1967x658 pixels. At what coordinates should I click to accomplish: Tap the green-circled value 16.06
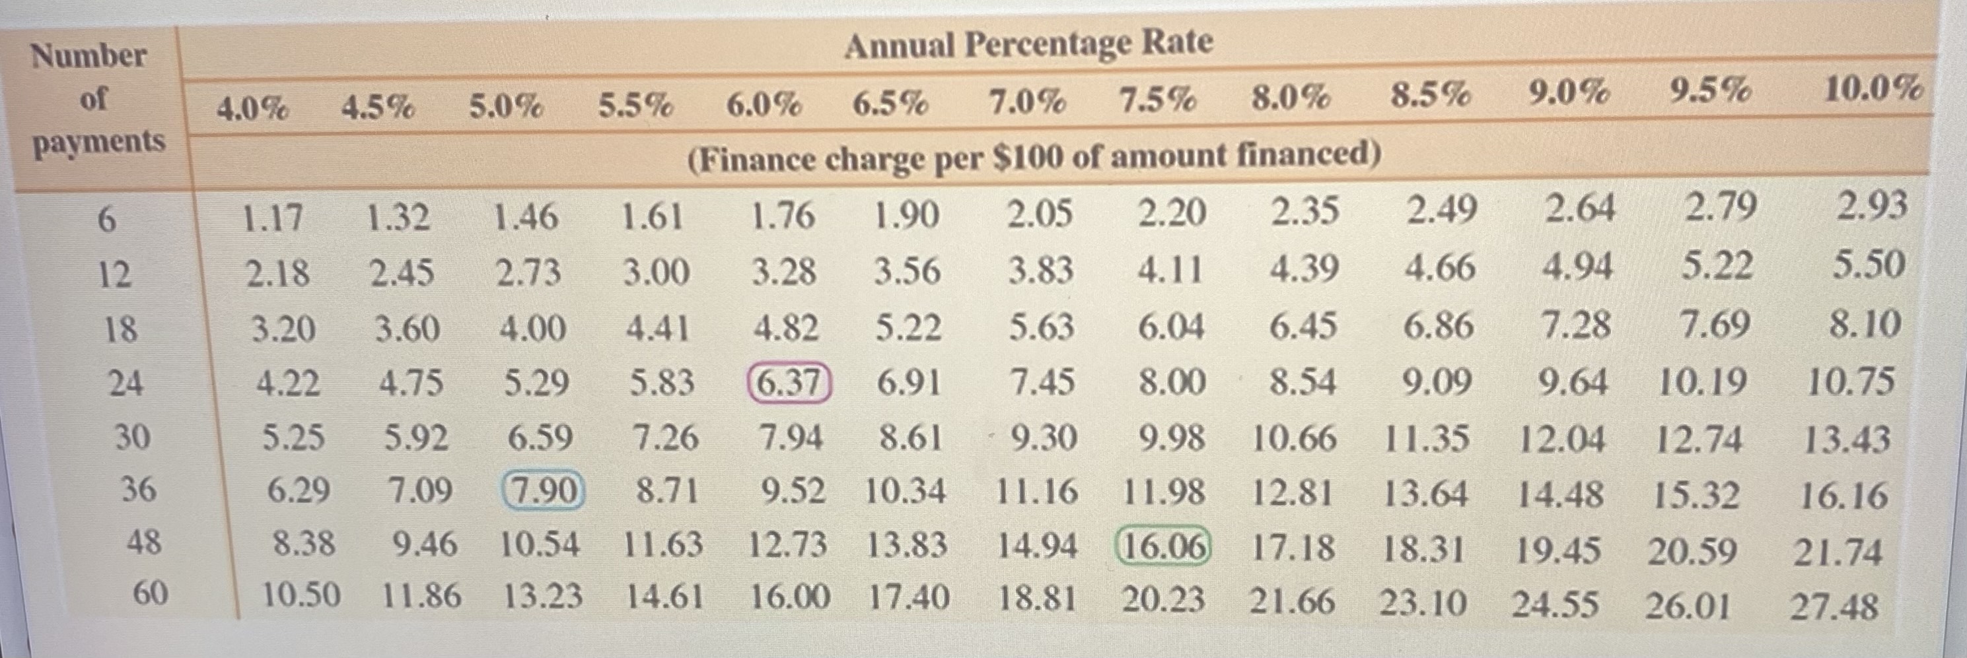pyautogui.click(x=1163, y=546)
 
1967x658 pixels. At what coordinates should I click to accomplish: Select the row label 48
pyautogui.click(x=143, y=543)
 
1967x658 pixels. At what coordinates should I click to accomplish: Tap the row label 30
pyautogui.click(x=133, y=438)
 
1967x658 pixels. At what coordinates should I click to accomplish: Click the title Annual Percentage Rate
pyautogui.click(x=1028, y=44)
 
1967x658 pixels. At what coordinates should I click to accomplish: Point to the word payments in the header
pyautogui.click(x=99, y=143)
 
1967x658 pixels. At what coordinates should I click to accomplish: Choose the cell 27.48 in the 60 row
pyautogui.click(x=1834, y=608)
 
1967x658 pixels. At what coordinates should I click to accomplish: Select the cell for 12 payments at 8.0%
pyautogui.click(x=1305, y=269)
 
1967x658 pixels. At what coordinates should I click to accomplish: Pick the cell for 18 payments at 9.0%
pyautogui.click(x=1577, y=325)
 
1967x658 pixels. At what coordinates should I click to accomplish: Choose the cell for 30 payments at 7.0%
pyautogui.click(x=1044, y=438)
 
